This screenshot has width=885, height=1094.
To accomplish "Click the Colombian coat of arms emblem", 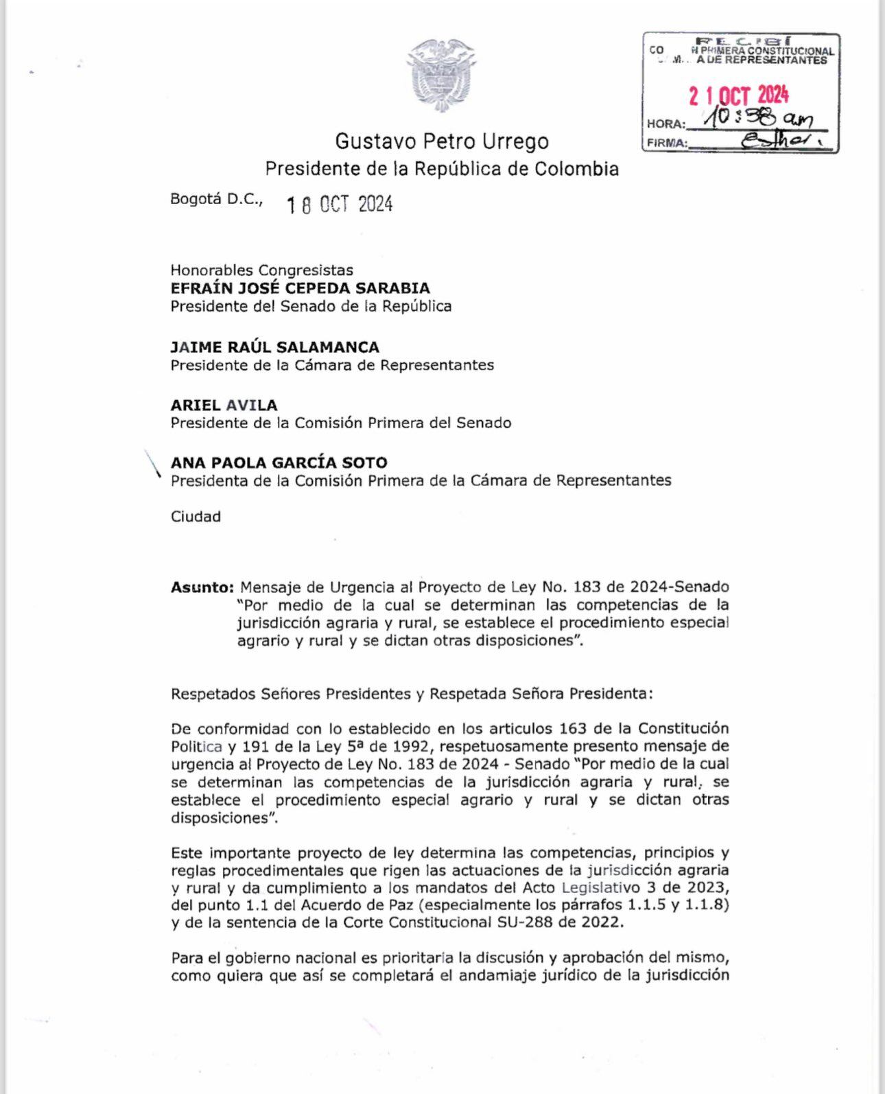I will pyautogui.click(x=441, y=75).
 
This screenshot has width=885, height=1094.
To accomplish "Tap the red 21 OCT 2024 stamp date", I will pyautogui.click(x=738, y=95).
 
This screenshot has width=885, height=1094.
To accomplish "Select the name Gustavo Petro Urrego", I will pyautogui.click(x=442, y=141).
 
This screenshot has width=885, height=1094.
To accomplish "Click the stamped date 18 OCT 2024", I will pyautogui.click(x=340, y=204).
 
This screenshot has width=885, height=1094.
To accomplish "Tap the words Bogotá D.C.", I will pyautogui.click(x=216, y=199).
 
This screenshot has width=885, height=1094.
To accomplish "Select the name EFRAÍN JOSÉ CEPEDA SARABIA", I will pyautogui.click(x=300, y=288).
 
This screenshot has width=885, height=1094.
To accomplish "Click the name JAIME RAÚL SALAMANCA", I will pyautogui.click(x=274, y=347).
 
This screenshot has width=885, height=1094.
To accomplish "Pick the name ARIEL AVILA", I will pyautogui.click(x=224, y=405).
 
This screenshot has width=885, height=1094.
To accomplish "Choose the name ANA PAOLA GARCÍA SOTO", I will pyautogui.click(x=279, y=463).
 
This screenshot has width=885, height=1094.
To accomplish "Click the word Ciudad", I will pyautogui.click(x=196, y=516).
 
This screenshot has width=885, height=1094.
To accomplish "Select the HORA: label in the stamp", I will pyautogui.click(x=664, y=124).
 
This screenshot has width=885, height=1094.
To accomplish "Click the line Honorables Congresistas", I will pyautogui.click(x=261, y=270).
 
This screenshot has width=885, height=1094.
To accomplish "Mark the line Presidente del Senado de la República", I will pyautogui.click(x=311, y=306).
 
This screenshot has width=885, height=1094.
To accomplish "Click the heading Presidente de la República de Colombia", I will pyautogui.click(x=442, y=169).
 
